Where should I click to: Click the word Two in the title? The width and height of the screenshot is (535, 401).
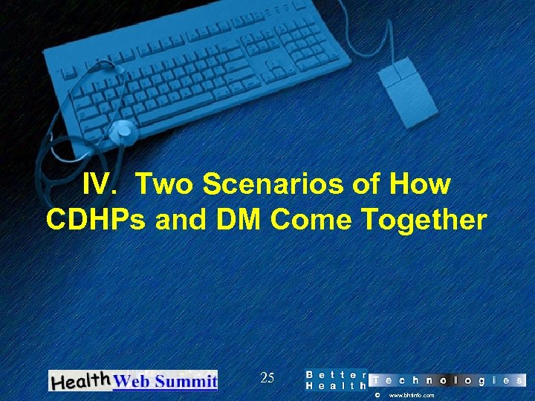tap(163, 184)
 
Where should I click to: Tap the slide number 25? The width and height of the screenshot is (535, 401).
tap(267, 379)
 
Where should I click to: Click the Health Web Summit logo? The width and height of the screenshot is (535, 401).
tap(133, 380)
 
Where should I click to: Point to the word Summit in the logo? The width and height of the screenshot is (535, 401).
tap(191, 382)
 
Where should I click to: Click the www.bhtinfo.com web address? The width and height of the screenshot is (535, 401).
tap(412, 396)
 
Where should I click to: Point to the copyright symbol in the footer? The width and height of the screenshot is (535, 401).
tap(377, 396)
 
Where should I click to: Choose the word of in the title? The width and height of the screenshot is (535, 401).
tap(366, 184)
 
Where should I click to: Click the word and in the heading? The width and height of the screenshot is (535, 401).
tap(180, 221)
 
